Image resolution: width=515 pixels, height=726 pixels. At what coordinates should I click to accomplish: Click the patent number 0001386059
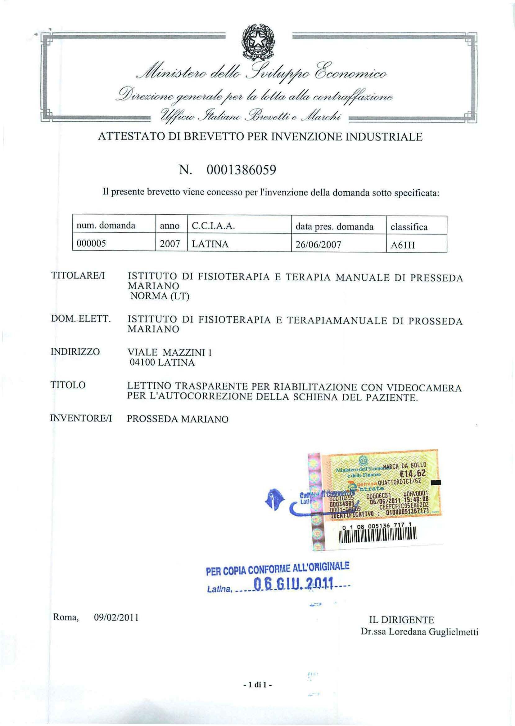[x=241, y=171]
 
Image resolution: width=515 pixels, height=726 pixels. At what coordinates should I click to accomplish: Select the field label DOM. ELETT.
[x=81, y=320]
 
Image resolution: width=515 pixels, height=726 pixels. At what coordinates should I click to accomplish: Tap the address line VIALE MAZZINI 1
[x=170, y=353]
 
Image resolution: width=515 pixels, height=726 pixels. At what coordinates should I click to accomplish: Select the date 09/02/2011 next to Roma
[x=117, y=618]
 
